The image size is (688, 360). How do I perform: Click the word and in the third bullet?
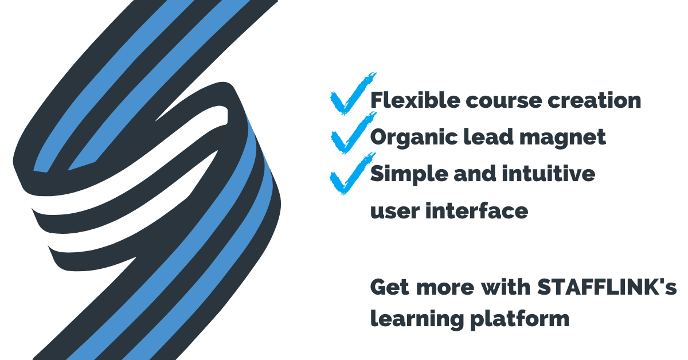[x=474, y=173]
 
